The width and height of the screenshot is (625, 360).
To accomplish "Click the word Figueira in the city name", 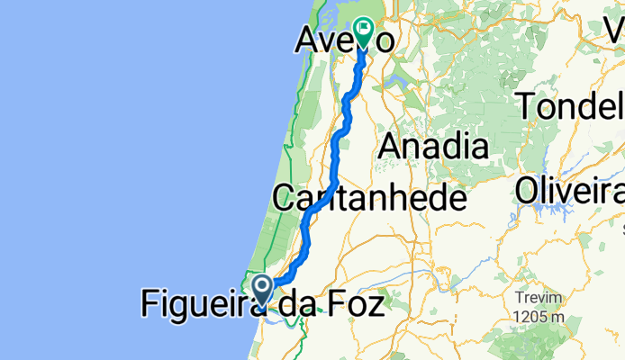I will pos(203,306).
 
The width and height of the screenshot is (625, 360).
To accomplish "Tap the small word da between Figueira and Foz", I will pos(292,306).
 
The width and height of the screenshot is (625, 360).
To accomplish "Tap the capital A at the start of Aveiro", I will pos(311,40).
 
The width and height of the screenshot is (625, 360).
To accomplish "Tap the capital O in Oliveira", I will pos(530,191).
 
